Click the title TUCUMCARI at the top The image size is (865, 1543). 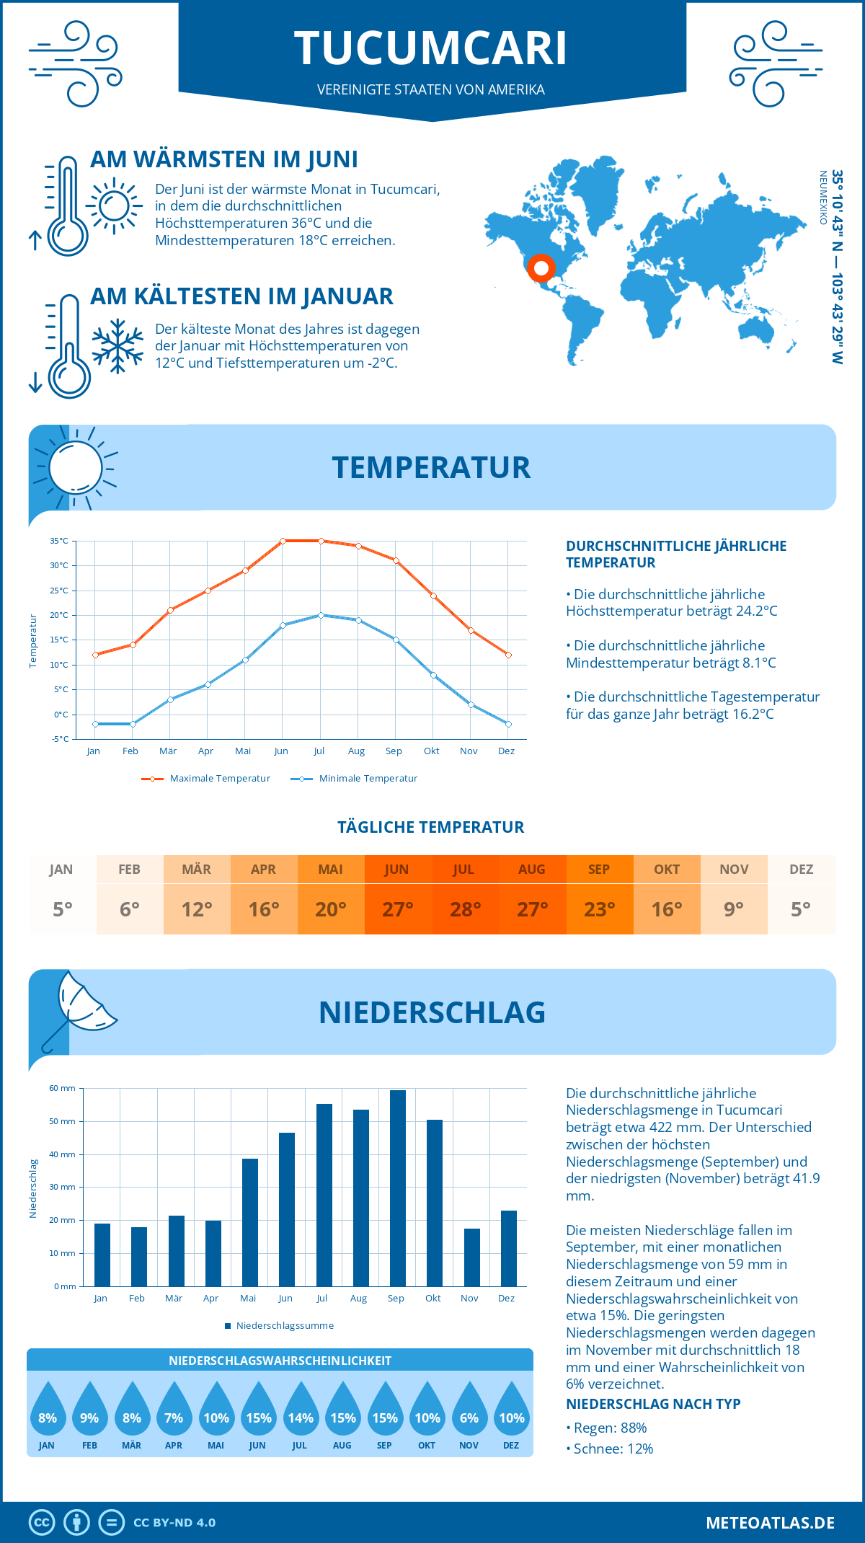tap(431, 49)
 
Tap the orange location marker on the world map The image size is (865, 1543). tap(541, 268)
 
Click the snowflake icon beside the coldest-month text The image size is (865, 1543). tap(117, 345)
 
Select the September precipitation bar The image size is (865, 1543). tap(397, 1188)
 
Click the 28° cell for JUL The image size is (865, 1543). tap(465, 909)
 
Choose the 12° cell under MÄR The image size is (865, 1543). tap(197, 909)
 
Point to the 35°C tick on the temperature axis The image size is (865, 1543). tap(59, 541)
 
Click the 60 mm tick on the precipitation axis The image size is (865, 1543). tap(62, 1088)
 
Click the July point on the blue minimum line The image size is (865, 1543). tap(321, 615)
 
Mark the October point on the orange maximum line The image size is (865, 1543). tap(433, 596)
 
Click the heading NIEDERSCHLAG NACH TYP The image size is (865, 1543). tap(653, 1404)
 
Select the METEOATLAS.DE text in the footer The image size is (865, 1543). tap(770, 1523)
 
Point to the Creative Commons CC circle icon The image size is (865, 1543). tap(42, 1523)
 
